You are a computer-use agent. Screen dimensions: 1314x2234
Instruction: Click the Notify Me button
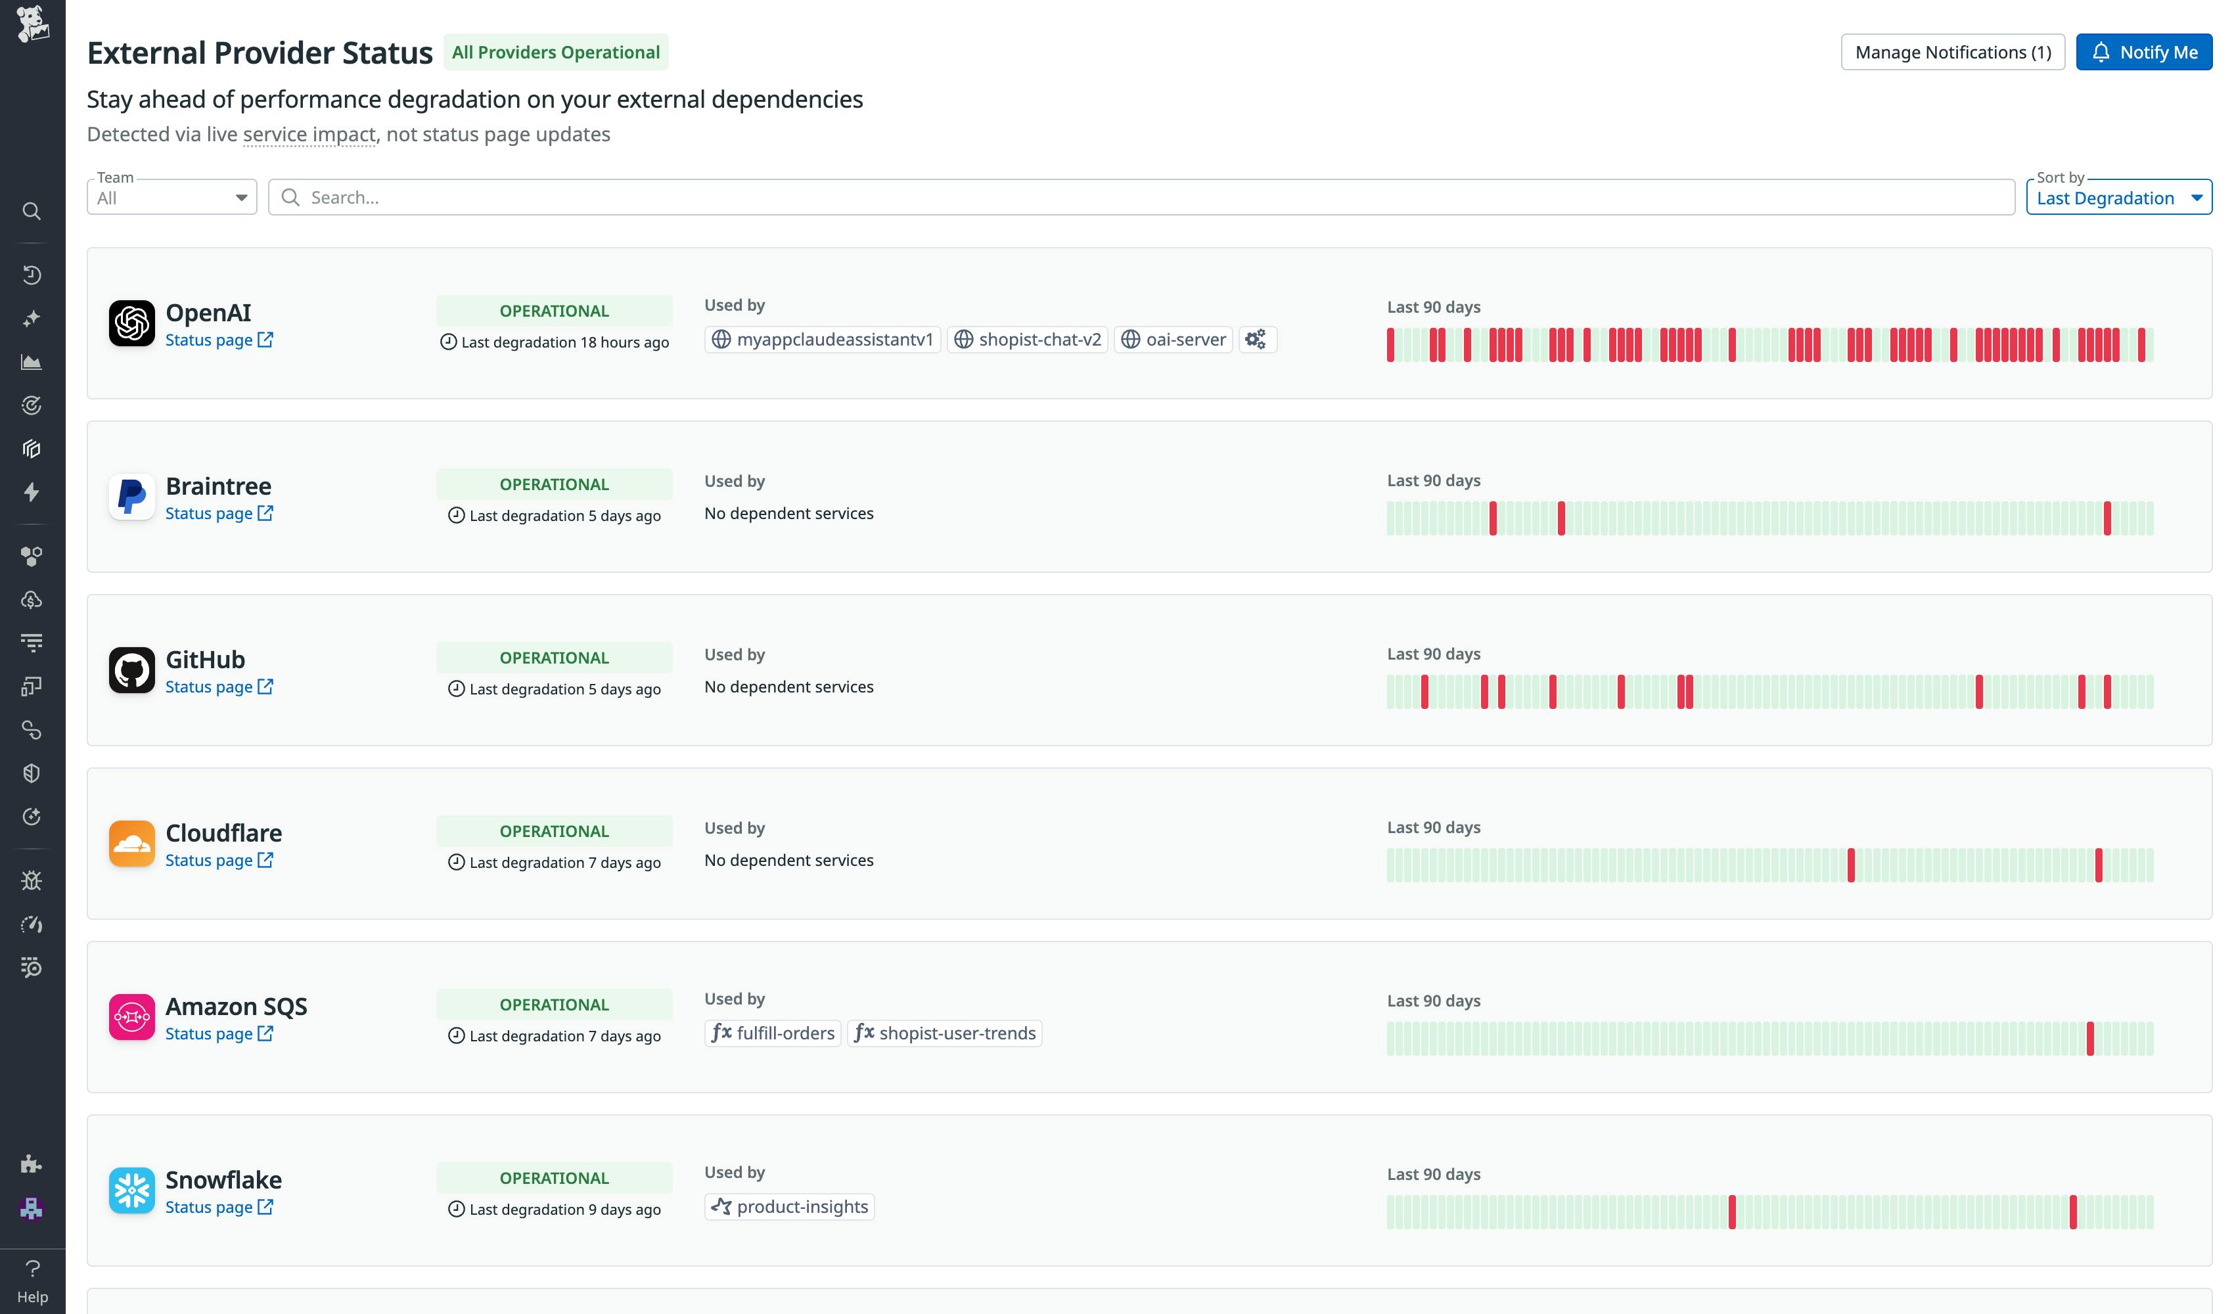[x=2143, y=53]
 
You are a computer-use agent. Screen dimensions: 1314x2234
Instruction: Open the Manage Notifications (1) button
[x=1952, y=53]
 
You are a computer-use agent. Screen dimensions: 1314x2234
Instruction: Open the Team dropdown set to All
[x=171, y=197]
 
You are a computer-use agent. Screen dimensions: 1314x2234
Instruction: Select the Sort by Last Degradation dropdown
[x=2118, y=197]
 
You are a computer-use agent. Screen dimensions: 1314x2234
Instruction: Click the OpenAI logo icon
[x=131, y=323]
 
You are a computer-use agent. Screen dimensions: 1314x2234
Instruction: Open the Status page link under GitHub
[x=218, y=687]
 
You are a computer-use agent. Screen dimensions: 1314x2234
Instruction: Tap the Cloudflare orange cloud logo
[x=131, y=843]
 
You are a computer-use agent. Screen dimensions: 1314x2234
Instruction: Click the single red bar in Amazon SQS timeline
[x=2089, y=1038]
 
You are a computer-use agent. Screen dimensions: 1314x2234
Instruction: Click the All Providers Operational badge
[x=556, y=53]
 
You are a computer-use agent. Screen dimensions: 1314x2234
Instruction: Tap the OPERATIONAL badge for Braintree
[x=553, y=484]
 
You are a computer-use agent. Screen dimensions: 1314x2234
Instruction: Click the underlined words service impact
[x=309, y=135]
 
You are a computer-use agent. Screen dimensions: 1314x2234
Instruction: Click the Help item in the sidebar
[x=32, y=1281]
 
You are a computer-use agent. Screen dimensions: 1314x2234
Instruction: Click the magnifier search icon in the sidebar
[x=32, y=211]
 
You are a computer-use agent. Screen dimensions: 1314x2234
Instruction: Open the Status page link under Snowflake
[x=218, y=1208]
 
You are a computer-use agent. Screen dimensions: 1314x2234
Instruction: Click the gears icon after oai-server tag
[x=1255, y=340]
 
